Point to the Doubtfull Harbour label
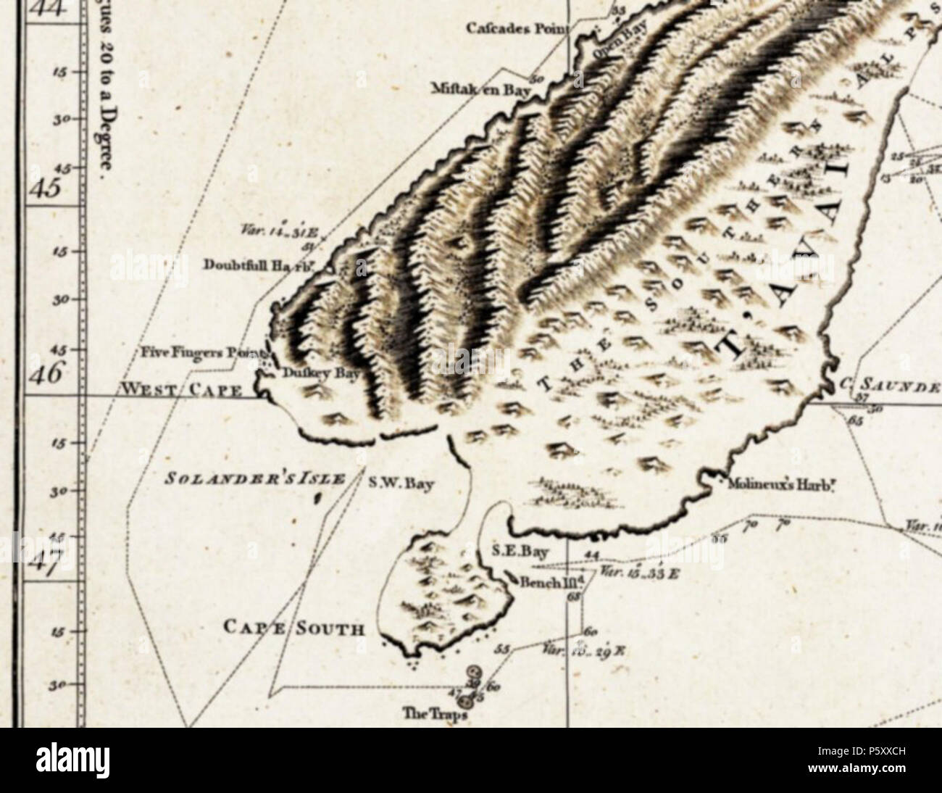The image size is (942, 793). (x=264, y=265)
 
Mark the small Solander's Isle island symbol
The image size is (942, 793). (x=317, y=499)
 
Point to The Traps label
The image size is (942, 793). (x=434, y=715)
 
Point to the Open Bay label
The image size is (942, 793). (x=610, y=47)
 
